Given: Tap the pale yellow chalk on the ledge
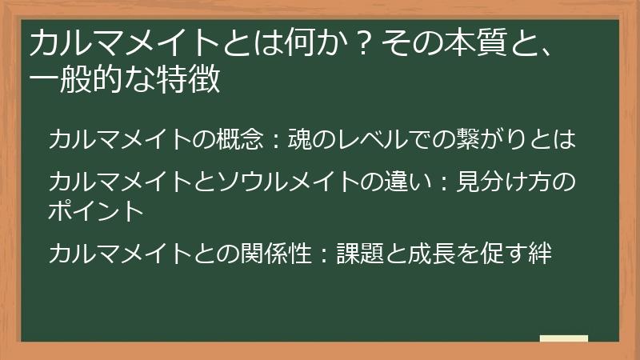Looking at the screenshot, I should tap(563, 338).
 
